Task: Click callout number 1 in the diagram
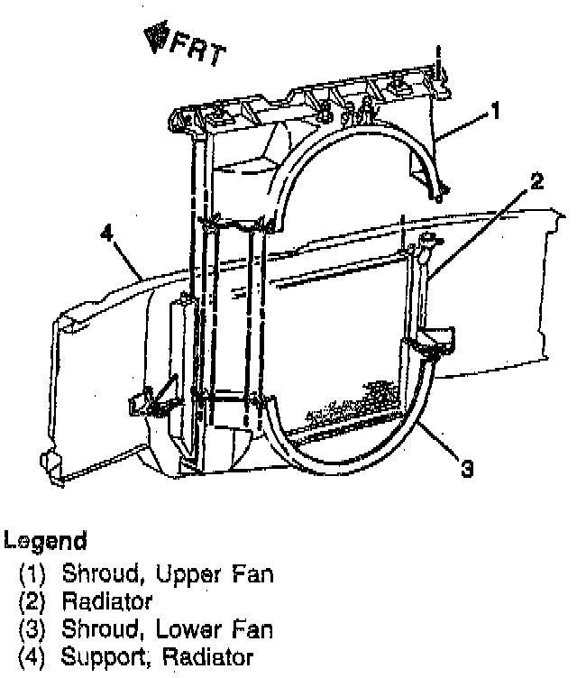[x=494, y=112]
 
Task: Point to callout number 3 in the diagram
[x=465, y=469]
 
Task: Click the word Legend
[x=46, y=542]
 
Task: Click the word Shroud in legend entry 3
[x=94, y=628]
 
